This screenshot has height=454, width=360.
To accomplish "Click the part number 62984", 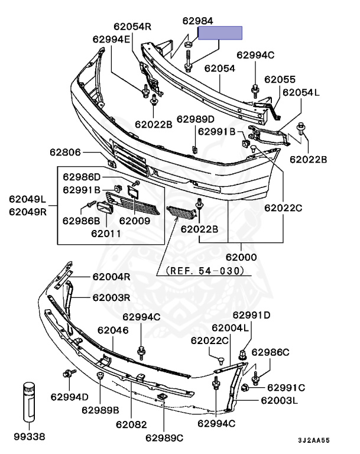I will point(197,21).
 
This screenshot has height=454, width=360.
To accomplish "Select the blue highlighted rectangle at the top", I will point(220,33).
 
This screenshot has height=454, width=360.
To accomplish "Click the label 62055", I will point(280,79).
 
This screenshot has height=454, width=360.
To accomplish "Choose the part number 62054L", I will point(300,92).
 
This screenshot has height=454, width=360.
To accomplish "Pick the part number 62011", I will point(106,233).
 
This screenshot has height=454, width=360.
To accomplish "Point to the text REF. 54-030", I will point(204,271).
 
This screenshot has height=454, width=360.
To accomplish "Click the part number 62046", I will point(113,330).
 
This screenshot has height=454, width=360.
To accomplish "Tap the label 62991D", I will point(251,315).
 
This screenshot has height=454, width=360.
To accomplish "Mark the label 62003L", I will point(279,400).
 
